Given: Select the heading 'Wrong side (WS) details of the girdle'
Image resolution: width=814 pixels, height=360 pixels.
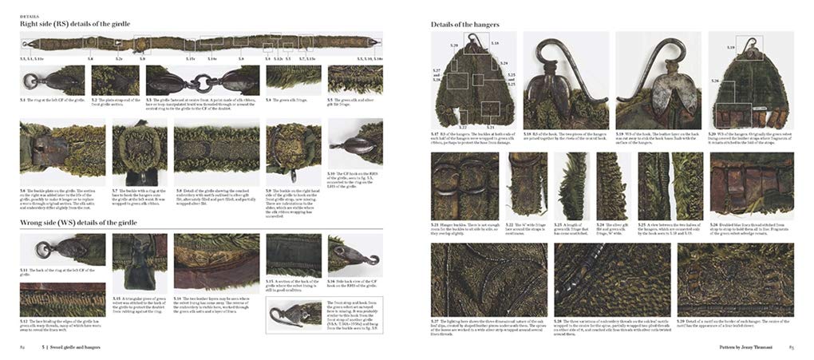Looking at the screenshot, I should coord(80,222).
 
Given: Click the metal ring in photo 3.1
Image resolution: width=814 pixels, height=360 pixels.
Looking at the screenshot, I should coord(30,82).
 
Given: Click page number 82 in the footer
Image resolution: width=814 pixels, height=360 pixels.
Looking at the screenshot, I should coord(23,348).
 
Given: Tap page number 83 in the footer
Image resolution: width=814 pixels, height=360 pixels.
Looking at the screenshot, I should coord(791,348).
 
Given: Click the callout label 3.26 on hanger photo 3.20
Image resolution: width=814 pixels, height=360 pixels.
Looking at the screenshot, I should coord(715,81).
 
